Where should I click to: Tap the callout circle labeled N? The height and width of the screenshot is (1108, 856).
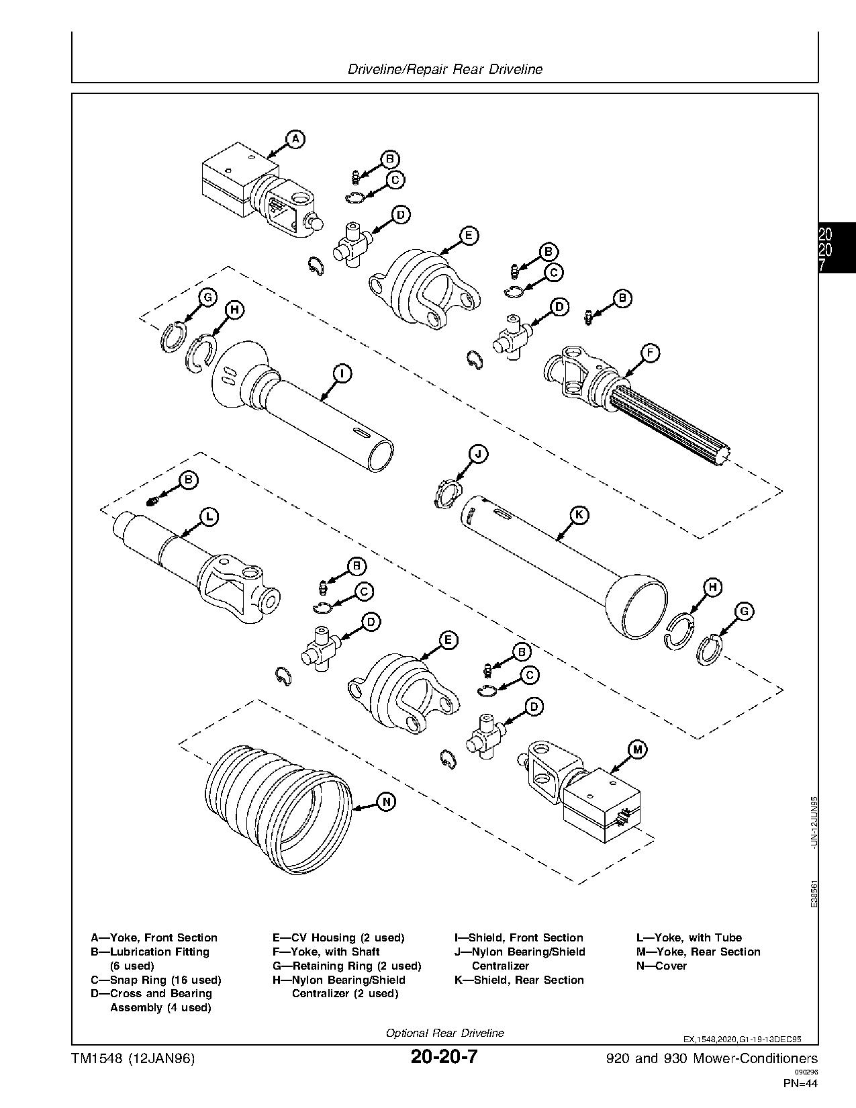pos(387,801)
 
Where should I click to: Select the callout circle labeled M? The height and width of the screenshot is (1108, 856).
pos(637,749)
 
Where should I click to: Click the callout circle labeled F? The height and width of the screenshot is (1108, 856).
pos(650,353)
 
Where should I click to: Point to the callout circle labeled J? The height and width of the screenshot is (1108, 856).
pos(478,455)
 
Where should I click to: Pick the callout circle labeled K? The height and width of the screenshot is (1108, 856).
pos(579,515)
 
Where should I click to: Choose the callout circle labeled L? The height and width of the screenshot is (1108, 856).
pos(209,516)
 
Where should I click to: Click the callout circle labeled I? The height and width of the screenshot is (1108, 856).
pos(342,373)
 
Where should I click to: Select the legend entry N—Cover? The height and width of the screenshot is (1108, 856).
pos(661,966)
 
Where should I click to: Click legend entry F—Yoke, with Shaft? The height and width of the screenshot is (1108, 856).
pos(326,952)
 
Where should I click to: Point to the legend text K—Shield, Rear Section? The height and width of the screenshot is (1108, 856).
pos(518,980)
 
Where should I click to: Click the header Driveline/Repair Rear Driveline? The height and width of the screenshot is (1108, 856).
pos(445,69)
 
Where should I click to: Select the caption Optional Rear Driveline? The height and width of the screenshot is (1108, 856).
pos(444,1033)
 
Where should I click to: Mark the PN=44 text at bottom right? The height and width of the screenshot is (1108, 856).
pos(800,1082)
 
